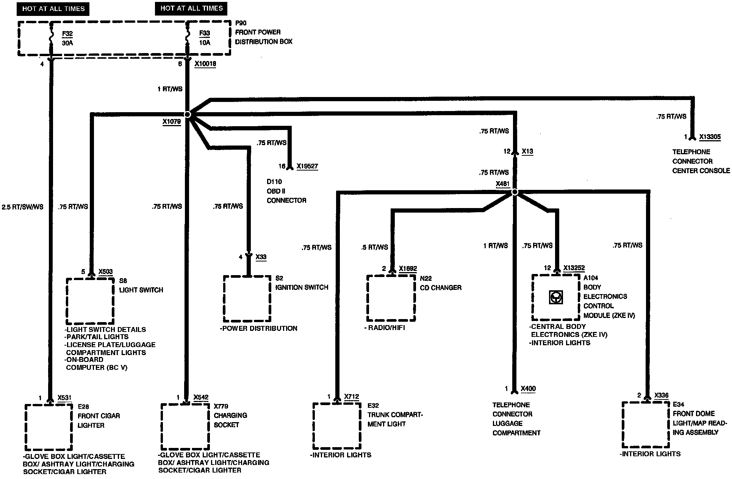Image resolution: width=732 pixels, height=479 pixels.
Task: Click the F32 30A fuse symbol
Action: (51, 38)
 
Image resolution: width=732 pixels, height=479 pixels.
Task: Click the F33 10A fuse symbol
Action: (187, 38)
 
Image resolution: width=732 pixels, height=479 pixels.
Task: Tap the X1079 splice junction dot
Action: (187, 114)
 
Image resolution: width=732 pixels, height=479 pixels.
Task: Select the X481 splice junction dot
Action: (515, 192)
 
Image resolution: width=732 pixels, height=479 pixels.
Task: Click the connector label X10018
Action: (205, 64)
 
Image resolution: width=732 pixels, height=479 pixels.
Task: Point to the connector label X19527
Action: (307, 166)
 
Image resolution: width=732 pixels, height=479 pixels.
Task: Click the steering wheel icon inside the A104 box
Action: (556, 297)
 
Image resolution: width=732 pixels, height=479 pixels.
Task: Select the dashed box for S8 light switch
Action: (90, 301)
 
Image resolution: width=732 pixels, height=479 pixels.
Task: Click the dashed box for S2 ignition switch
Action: (247, 299)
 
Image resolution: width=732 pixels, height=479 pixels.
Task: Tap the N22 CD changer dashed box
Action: (391, 298)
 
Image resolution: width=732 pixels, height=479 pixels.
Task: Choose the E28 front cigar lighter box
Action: (49, 427)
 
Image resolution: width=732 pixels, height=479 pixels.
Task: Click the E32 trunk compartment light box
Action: (337, 426)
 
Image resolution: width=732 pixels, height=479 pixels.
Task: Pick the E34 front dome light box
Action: (646, 425)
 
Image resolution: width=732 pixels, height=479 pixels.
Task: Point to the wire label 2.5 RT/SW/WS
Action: (23, 207)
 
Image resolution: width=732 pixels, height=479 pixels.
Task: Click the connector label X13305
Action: (710, 137)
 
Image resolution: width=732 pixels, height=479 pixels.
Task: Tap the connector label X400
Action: (528, 389)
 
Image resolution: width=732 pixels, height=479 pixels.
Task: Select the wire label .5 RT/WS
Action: (375, 247)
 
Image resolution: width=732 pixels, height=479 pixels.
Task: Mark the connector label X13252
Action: (574, 268)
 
